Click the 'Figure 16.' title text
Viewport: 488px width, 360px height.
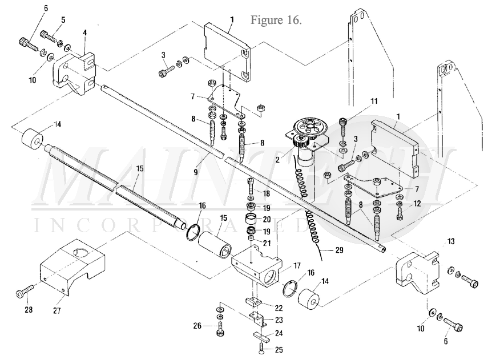click(276, 20)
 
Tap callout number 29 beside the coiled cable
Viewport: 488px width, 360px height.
click(339, 249)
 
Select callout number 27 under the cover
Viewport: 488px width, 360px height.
click(57, 310)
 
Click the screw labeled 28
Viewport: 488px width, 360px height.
click(25, 290)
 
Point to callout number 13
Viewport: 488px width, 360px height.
click(451, 241)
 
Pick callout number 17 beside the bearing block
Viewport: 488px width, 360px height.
click(297, 265)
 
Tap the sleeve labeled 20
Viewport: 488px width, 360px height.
click(253, 219)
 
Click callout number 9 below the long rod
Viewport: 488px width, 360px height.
click(195, 172)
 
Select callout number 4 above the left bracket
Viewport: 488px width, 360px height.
click(84, 33)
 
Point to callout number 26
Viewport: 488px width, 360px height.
click(197, 326)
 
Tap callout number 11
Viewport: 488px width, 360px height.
click(374, 101)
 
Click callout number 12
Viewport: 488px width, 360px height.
click(417, 204)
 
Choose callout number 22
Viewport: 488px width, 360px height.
click(279, 308)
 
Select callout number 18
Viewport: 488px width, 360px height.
click(267, 193)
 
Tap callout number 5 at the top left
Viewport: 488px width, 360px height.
click(63, 20)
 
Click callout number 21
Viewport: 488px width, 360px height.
click(267, 242)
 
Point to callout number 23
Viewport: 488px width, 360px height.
click(279, 320)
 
